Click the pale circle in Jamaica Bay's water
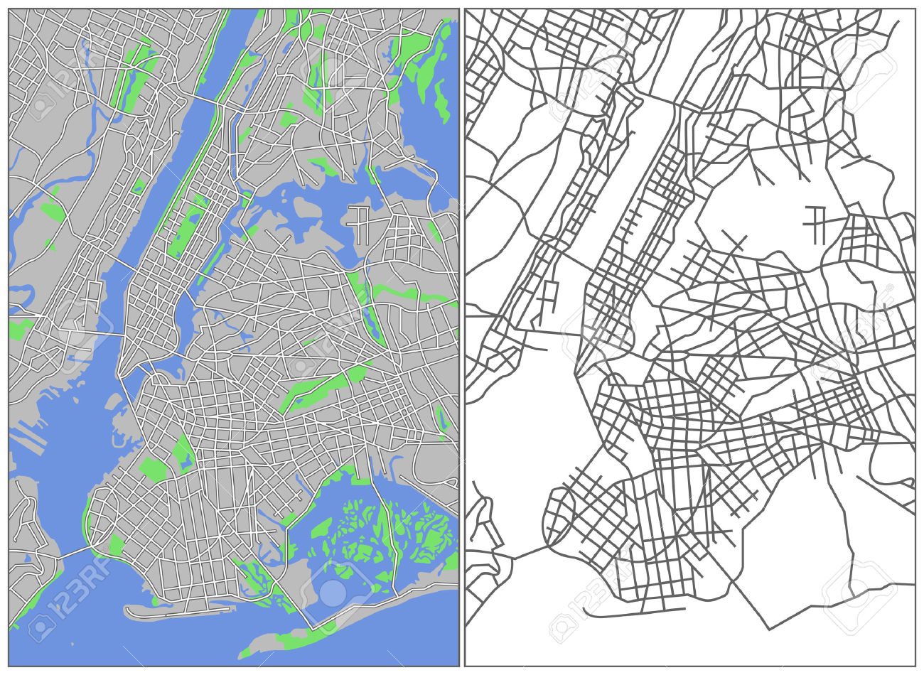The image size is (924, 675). tap(332, 592)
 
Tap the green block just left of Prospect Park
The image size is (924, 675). tap(152, 469)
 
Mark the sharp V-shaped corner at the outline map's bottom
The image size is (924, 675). tap(769, 629)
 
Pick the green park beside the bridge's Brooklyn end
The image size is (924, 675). tap(115, 544)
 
